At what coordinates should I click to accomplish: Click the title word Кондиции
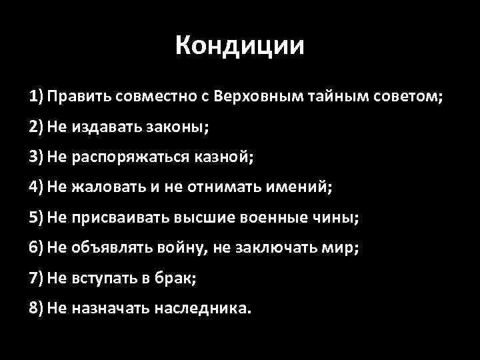[x=240, y=46]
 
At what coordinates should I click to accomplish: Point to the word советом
[x=407, y=95]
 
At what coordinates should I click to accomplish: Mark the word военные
[x=281, y=217]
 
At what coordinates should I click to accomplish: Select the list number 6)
[x=37, y=247]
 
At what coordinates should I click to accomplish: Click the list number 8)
[x=37, y=309]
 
